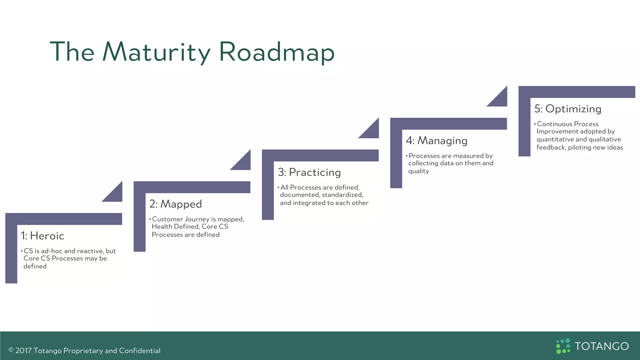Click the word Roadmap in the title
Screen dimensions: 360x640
tap(277, 52)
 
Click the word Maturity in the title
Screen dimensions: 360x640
tap(156, 52)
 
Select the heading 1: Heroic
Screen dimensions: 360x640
tap(42, 236)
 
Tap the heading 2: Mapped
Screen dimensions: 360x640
tap(176, 204)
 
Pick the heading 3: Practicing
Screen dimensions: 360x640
tap(309, 172)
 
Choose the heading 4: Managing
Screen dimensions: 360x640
tap(437, 141)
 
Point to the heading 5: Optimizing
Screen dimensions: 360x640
tap(568, 109)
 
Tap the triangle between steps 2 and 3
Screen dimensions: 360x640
tap(243, 162)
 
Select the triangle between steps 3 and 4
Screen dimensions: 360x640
tap(372, 131)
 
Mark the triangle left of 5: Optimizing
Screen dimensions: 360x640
tap(500, 99)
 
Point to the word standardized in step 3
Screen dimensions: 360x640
tap(342, 195)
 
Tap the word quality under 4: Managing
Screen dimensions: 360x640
tap(418, 171)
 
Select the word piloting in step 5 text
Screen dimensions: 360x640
tap(580, 147)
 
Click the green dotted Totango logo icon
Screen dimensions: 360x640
tap(563, 346)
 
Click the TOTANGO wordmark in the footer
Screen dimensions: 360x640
tap(602, 346)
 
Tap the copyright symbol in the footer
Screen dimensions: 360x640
tap(11, 350)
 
